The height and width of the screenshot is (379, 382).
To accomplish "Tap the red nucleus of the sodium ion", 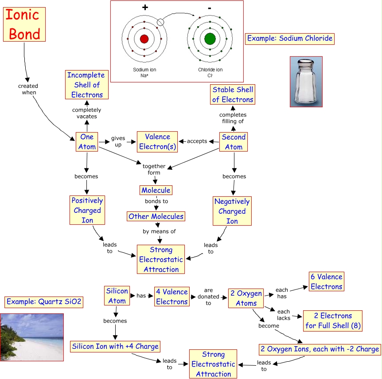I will (144, 39).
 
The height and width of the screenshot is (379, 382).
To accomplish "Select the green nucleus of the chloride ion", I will (210, 39).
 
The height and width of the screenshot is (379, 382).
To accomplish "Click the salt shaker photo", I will (306, 82).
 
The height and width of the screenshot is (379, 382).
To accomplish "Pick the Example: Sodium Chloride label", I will (290, 39).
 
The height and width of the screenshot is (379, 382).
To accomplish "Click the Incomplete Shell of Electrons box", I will (87, 85).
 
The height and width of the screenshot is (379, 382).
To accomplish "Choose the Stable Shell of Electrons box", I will (233, 94).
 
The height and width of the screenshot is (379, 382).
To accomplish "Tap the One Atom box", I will (87, 142).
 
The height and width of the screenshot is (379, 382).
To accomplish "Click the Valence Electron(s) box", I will (157, 142).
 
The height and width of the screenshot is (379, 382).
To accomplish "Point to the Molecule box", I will (156, 190).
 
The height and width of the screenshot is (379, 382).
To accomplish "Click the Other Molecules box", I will (156, 216).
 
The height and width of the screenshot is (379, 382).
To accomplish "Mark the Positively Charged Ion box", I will (87, 210).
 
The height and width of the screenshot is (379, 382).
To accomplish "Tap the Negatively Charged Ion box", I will (232, 211).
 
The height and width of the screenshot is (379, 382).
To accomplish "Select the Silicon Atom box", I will (117, 296).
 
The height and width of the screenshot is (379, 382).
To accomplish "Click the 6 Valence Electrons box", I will (326, 281).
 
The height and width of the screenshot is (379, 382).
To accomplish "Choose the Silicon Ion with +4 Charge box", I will (115, 346).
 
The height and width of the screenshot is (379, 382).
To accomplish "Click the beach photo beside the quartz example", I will (32, 337).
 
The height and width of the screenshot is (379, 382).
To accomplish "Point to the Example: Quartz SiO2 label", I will (44, 302).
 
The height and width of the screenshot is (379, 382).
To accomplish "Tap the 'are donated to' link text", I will (208, 297).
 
